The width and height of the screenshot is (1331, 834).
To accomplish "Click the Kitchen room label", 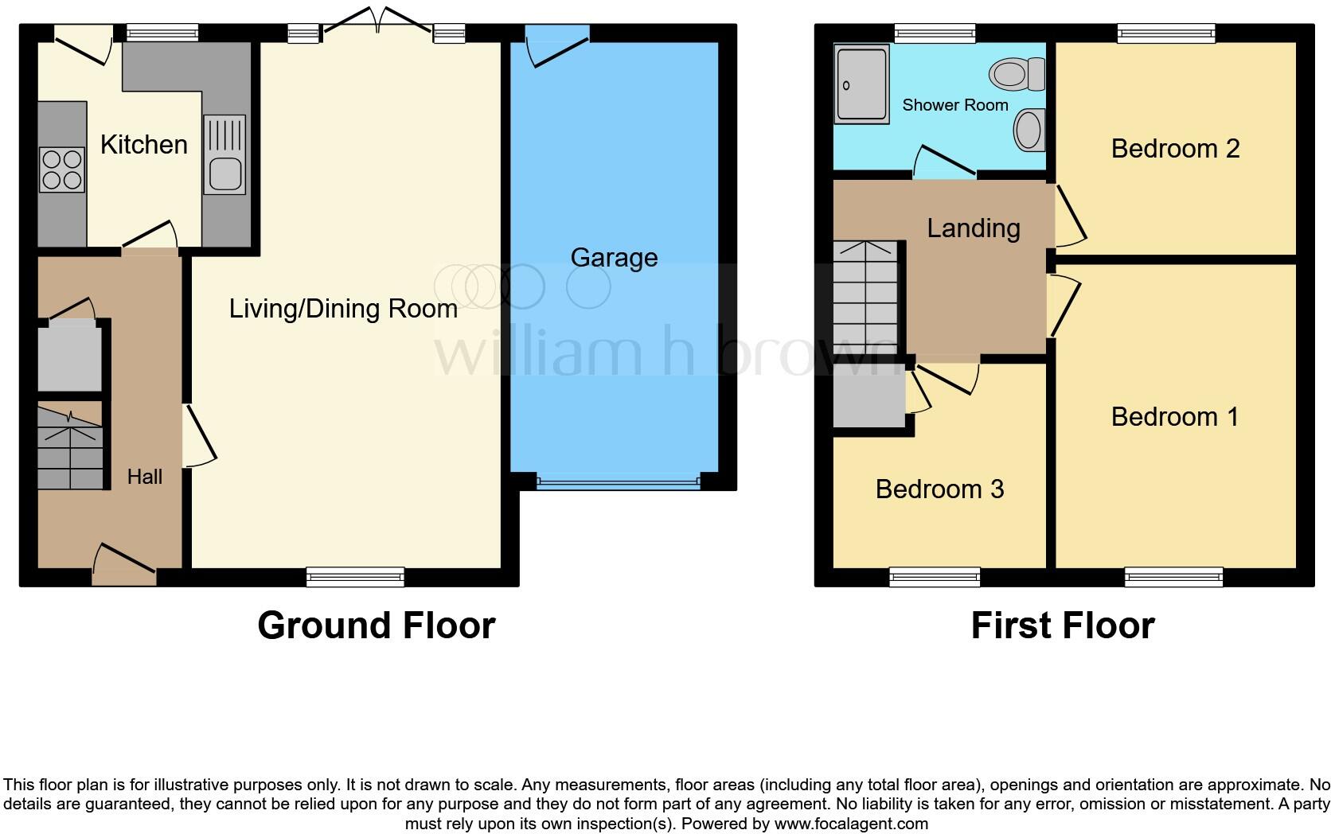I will coord(144,145).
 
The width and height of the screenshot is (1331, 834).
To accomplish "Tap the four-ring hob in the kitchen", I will coord(61,170).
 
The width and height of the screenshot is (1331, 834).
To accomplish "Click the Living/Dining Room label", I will coord(343,309).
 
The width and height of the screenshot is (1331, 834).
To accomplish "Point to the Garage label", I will coord(614,258).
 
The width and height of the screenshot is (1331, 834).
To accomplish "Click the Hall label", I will coord(145,477).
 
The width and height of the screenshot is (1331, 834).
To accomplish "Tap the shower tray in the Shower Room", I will coord(861,84).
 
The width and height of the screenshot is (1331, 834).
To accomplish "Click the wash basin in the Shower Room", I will coord(1028,131).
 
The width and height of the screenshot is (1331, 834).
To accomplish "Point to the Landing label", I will coord(973,228).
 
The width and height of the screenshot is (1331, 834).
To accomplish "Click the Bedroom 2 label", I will coord(1175,149).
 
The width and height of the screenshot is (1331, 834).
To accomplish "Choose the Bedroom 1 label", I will coord(1175,417).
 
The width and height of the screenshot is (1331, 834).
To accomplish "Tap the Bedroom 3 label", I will coord(939,489).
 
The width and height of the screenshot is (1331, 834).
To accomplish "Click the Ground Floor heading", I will coord(376,625).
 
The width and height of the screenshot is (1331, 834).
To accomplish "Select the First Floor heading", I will coord(1062,625).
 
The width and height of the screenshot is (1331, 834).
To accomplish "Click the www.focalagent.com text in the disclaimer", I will coord(850,824).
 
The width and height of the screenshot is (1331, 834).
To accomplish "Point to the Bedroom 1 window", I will coord(1173,576).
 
